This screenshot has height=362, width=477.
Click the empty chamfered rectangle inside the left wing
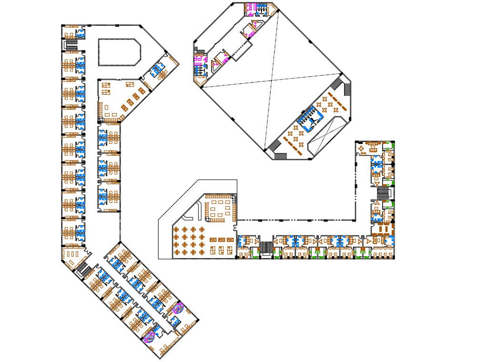(x=119, y=51)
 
